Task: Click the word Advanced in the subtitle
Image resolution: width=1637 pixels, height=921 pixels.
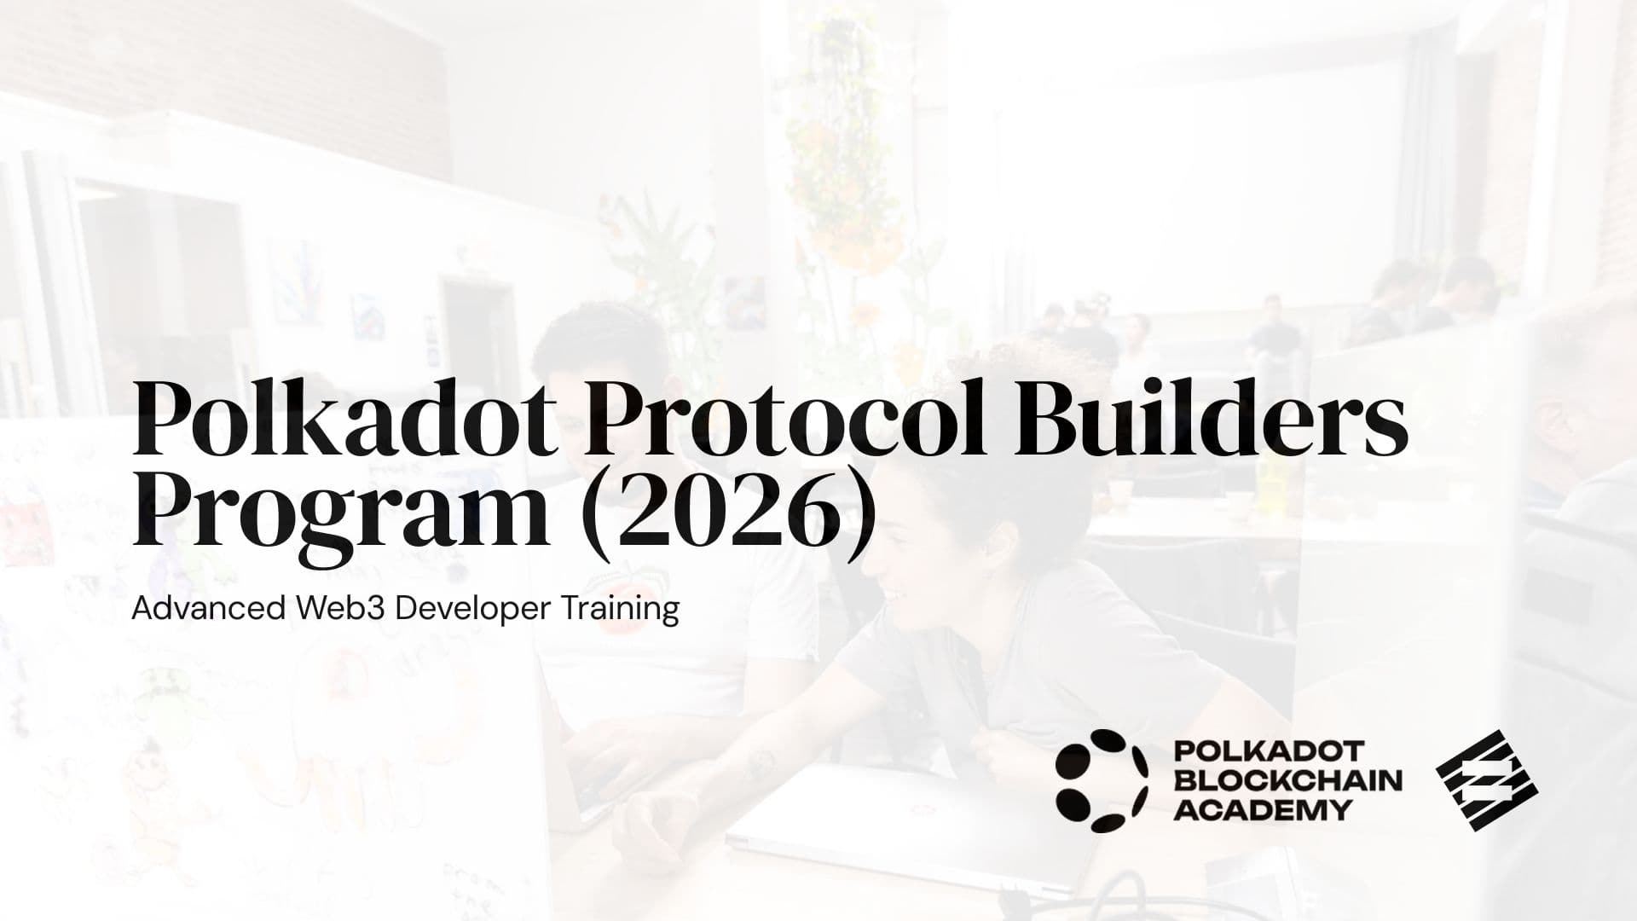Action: click(208, 609)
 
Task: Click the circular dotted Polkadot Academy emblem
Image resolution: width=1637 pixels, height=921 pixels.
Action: click(1101, 780)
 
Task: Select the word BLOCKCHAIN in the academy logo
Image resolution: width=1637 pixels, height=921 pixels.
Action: click(1287, 780)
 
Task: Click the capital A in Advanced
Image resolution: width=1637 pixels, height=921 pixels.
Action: click(142, 609)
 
